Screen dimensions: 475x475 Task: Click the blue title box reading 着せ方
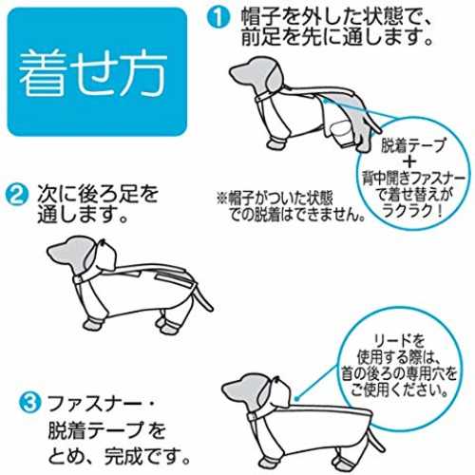pos(97,72)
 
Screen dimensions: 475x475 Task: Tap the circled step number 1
pos(218,18)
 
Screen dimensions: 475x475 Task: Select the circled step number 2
pos(16,195)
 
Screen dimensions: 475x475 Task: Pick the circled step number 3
pos(29,403)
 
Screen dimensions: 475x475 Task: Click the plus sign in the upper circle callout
pos(411,161)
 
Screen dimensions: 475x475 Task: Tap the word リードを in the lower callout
pos(399,340)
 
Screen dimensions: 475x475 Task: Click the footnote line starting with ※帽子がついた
pos(275,199)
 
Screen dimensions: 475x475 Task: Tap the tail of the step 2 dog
pos(202,299)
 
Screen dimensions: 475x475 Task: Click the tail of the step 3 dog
pos(376,440)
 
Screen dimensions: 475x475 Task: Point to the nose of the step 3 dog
pos(225,387)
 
